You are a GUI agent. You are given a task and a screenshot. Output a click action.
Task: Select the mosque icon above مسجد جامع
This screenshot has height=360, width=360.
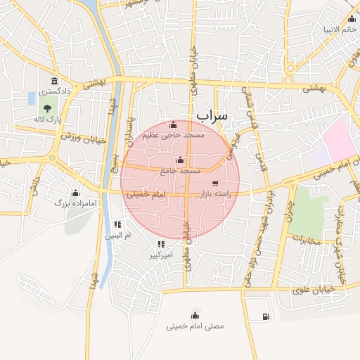[x=182, y=160]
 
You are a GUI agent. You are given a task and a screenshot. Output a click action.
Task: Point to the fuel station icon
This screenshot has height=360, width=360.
[x=264, y=316]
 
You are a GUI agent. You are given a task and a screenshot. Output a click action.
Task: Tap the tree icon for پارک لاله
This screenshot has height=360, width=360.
[x=47, y=108]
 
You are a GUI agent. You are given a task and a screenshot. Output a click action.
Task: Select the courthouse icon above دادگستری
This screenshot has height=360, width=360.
[x=54, y=81]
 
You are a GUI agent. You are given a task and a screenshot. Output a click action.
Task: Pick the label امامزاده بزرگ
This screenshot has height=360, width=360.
[x=75, y=202]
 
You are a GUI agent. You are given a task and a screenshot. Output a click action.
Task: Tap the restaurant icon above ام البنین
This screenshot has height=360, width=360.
[x=117, y=225]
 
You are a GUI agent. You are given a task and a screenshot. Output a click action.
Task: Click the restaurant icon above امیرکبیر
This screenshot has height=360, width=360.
[x=161, y=244]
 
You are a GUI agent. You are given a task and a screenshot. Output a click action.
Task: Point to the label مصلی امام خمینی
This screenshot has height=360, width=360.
[x=195, y=326]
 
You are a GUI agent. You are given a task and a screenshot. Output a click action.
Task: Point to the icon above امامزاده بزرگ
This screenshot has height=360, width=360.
[x=75, y=192]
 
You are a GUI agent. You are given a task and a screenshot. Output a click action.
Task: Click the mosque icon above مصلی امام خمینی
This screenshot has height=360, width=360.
[x=195, y=315]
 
